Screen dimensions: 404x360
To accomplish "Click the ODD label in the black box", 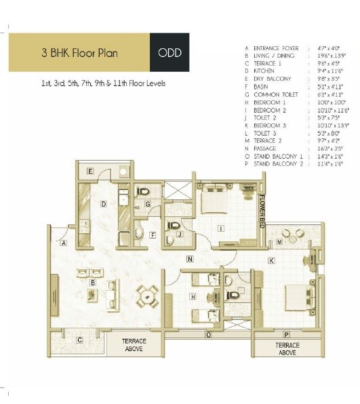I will click(169, 52).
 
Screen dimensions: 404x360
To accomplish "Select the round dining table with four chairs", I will click(147, 296).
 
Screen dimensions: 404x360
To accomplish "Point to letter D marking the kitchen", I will click(103, 203).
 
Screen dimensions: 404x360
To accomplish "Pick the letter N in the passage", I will click(191, 258).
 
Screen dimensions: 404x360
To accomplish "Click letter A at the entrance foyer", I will click(63, 242).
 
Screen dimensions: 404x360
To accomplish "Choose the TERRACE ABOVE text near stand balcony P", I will click(287, 348).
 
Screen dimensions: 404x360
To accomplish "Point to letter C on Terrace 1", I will click(80, 340).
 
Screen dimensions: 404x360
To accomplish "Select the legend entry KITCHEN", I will click(263, 70).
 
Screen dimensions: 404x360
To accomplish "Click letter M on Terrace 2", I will click(279, 241).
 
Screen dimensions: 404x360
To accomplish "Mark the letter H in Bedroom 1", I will click(193, 296).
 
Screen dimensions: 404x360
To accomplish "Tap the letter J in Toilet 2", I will click(180, 235).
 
